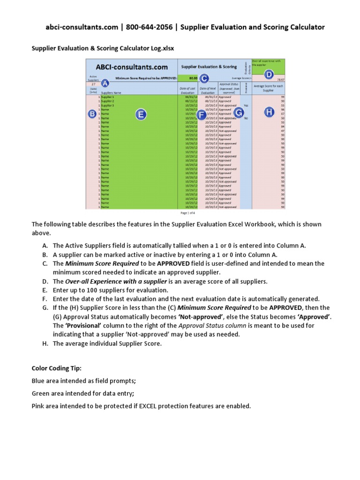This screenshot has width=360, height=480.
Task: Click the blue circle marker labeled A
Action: [x=105, y=83]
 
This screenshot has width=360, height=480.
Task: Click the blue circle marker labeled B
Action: [x=92, y=114]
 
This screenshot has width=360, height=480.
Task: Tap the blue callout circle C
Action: [x=204, y=78]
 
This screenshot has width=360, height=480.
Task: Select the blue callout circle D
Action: [x=269, y=74]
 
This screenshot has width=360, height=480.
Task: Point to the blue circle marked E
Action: [x=140, y=114]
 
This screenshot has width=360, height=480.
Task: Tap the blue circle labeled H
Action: [x=269, y=112]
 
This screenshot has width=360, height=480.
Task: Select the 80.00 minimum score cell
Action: [x=193, y=78]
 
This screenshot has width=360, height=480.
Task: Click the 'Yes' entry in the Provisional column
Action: [x=246, y=105]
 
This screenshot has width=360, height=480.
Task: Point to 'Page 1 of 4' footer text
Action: [x=187, y=212]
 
